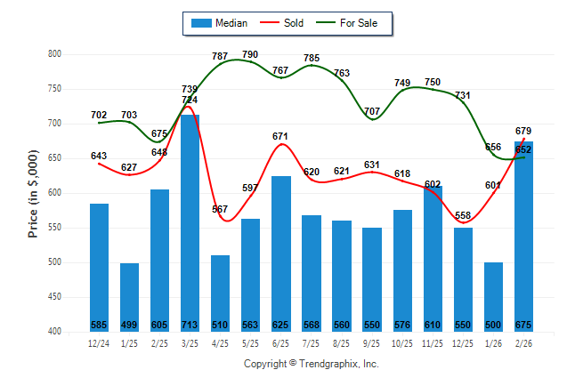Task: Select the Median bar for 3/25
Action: coord(190,222)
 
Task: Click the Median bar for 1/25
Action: coord(129,297)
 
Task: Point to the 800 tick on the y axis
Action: coord(54,54)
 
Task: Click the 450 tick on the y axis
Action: coord(54,297)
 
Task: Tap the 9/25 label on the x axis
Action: coord(372,342)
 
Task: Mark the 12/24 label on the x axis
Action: coord(99,342)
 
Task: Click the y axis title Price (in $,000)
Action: coord(33,193)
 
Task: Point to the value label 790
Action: coord(250,55)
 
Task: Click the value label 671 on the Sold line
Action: coord(281,135)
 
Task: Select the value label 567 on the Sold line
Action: coord(220,209)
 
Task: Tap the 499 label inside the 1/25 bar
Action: coord(129,325)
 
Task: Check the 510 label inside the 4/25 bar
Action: coord(220,325)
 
